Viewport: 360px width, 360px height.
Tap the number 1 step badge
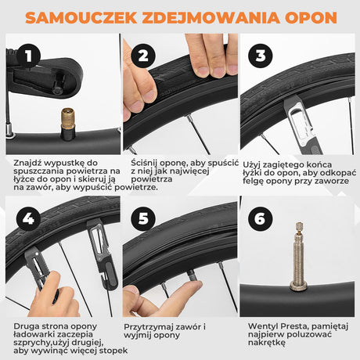point(28,56)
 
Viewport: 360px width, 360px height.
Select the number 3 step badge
point(261,56)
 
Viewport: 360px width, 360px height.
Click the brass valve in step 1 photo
point(65,122)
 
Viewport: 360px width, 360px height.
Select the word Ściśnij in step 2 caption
point(142,163)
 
